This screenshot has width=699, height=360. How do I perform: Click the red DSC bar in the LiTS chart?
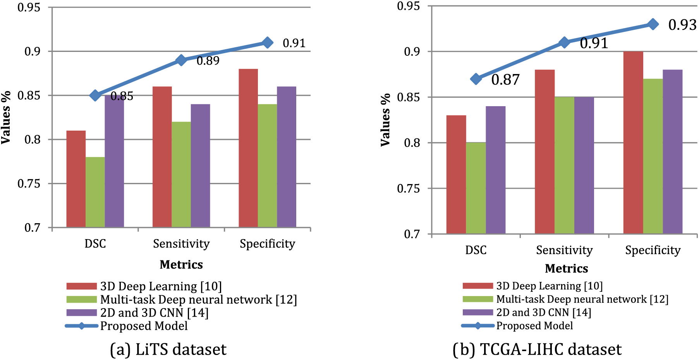(x=76, y=179)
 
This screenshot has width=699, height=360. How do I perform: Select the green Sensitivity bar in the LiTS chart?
(x=181, y=174)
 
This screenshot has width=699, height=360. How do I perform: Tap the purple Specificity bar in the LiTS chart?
(x=287, y=157)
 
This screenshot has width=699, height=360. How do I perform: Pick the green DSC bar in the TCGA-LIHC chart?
(x=476, y=188)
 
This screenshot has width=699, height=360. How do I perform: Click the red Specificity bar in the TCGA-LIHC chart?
(x=633, y=143)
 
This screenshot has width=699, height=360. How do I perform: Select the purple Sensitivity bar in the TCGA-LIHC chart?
(x=584, y=165)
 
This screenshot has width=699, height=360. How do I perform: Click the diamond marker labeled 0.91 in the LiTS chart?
(x=267, y=43)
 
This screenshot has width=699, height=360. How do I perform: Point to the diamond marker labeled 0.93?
(x=653, y=24)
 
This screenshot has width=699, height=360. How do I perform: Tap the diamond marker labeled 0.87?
(x=476, y=79)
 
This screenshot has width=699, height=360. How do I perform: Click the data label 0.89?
(x=208, y=61)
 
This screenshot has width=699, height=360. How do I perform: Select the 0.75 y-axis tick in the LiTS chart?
(x=29, y=184)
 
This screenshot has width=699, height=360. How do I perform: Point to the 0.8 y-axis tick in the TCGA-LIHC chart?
(x=412, y=143)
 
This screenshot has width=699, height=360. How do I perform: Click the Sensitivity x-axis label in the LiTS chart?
(x=181, y=244)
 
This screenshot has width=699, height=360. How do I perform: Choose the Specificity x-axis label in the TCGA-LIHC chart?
(x=653, y=250)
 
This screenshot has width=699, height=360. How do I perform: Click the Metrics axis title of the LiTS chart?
(x=181, y=265)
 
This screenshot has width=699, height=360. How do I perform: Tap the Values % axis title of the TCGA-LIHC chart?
(x=385, y=120)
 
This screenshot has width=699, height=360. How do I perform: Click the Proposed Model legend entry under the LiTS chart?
(x=144, y=326)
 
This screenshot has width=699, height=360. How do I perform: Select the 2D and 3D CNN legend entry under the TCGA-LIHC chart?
(x=543, y=312)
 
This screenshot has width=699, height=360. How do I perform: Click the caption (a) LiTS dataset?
(x=168, y=350)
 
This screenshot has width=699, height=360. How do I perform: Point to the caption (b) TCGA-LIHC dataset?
(x=537, y=350)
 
